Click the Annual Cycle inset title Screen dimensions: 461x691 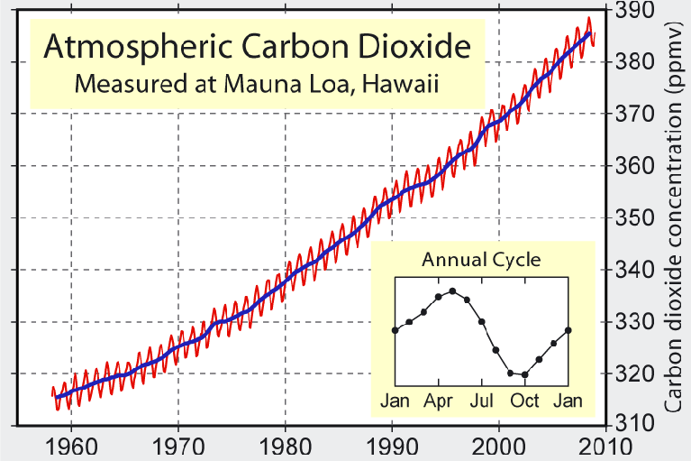[482, 261]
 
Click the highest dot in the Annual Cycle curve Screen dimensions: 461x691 [452, 290]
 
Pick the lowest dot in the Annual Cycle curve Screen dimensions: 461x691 [524, 374]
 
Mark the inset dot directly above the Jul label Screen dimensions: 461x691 [481, 321]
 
